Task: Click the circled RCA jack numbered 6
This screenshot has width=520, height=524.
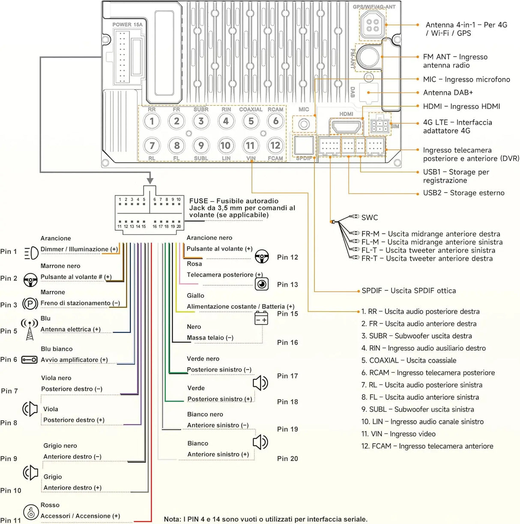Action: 275,121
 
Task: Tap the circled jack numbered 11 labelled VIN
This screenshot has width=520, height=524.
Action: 250,145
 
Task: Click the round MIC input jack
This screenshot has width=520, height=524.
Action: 304,124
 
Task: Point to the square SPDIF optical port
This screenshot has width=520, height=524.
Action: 304,145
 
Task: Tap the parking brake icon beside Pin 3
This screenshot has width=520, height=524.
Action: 30,303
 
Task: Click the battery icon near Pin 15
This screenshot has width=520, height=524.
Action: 261,318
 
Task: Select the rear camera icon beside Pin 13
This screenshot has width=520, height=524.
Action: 262,284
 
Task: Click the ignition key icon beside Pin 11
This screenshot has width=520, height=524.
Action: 30,512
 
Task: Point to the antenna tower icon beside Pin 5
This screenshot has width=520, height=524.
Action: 30,329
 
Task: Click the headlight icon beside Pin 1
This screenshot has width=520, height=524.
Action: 31,253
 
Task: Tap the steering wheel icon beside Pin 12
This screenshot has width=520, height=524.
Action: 262,256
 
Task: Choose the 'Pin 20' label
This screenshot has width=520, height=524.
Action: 287,459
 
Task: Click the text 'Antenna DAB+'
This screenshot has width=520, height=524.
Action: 448,93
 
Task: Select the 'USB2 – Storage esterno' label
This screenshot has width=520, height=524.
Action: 464,193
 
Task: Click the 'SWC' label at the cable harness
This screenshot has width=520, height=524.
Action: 370,217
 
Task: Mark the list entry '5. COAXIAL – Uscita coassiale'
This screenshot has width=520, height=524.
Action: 409,360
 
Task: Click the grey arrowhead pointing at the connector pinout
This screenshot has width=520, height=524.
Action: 150,181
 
